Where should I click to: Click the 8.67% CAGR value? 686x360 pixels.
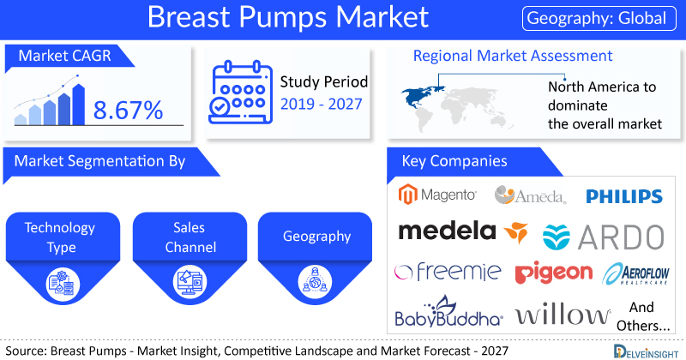pyautogui.click(x=128, y=110)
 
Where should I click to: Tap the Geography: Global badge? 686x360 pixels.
pyautogui.click(x=599, y=18)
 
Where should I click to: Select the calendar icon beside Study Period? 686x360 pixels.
pyautogui.click(x=240, y=93)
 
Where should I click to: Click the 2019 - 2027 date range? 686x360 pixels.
pyautogui.click(x=321, y=104)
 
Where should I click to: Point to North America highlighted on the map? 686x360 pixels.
pyautogui.click(x=419, y=96)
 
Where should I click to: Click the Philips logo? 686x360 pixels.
pyautogui.click(x=624, y=196)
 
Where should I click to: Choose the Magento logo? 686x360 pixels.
pyautogui.click(x=437, y=195)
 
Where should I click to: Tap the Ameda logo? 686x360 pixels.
pyautogui.click(x=530, y=195)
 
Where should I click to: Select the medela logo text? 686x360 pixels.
pyautogui.click(x=447, y=231)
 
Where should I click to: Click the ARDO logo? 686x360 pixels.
pyautogui.click(x=604, y=237)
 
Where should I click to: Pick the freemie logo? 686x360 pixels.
pyautogui.click(x=448, y=272)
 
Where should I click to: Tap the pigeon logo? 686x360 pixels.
pyautogui.click(x=553, y=272)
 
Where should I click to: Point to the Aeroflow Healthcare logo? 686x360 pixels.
pyautogui.click(x=635, y=273)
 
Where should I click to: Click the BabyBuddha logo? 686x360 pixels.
pyautogui.click(x=448, y=312)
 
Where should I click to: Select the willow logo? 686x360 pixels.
pyautogui.click(x=563, y=314)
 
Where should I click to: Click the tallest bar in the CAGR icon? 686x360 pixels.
pyautogui.click(x=78, y=105)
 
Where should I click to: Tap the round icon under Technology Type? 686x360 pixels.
pyautogui.click(x=63, y=283)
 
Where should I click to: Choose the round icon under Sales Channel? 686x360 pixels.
pyautogui.click(x=190, y=283)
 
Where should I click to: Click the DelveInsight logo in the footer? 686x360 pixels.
pyautogui.click(x=646, y=351)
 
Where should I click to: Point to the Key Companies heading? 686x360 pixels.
pyautogui.click(x=454, y=161)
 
